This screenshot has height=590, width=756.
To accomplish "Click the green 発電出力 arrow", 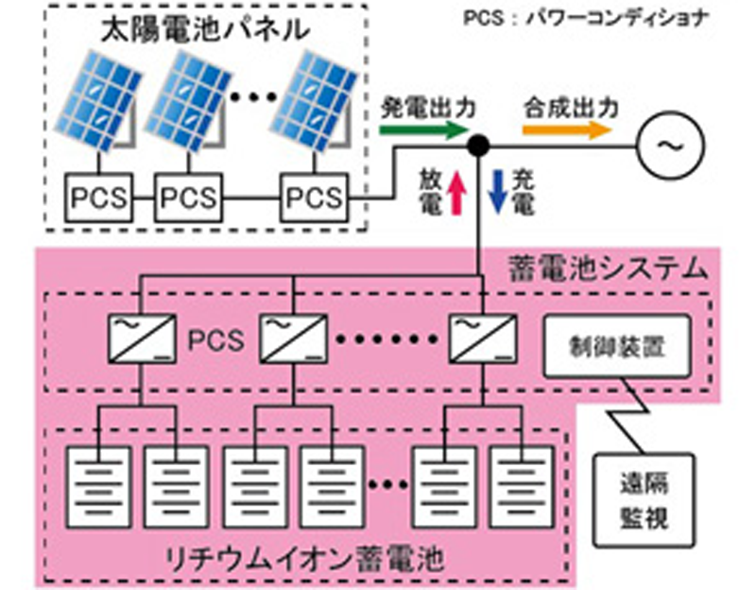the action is (423, 130).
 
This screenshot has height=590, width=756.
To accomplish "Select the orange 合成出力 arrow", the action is (566, 130).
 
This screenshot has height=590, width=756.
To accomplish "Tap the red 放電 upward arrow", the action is (456, 193).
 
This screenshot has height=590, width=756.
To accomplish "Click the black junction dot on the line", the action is (478, 146).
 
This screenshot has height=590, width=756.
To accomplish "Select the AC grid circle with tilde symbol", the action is (671, 146).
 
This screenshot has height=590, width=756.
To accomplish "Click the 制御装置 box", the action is (617, 346).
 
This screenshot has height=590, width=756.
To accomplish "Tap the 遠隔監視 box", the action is (644, 501).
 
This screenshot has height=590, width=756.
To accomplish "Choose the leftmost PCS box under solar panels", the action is (99, 198).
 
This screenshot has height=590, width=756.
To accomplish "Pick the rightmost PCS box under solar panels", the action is (315, 198).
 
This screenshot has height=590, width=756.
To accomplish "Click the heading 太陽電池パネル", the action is (206, 29).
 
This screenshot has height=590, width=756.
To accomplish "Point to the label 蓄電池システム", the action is (609, 269).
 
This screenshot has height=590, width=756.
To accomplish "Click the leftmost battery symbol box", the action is (98, 487).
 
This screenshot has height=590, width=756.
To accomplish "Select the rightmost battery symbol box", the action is (522, 487).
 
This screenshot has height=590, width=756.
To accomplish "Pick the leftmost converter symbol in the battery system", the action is (142, 338).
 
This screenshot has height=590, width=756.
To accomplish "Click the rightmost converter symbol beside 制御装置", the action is (483, 338).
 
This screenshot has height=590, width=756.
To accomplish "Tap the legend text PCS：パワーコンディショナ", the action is (586, 19).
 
